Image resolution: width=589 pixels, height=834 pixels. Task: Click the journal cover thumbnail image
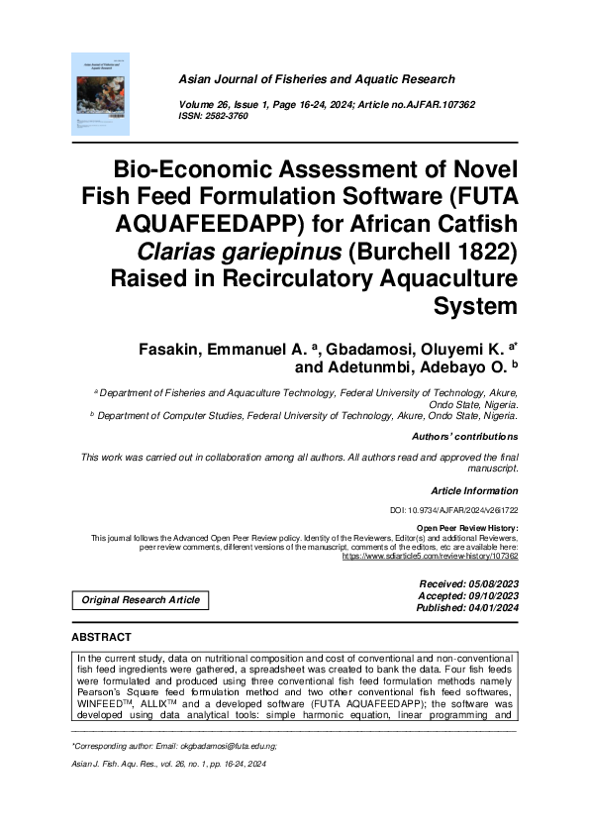point(100,94)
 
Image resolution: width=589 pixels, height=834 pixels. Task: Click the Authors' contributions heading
point(463,436)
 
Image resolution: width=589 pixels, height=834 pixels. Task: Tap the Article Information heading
point(473,491)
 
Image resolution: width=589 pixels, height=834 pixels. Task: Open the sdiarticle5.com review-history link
point(430,558)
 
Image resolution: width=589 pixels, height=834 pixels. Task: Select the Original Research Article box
point(141,599)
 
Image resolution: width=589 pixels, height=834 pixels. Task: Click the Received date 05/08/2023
point(491,585)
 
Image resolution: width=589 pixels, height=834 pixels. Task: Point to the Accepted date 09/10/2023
point(491,597)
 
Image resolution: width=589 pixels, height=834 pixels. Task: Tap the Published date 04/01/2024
point(491,608)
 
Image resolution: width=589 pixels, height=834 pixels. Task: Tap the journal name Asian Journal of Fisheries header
point(316,79)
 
